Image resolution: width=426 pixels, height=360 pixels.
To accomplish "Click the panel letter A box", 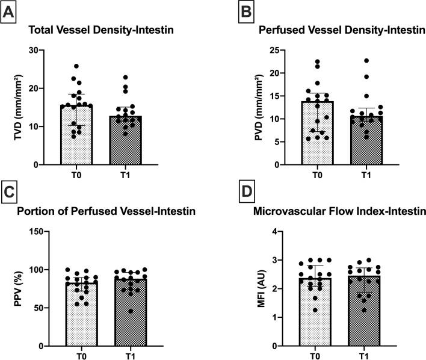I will (10, 10).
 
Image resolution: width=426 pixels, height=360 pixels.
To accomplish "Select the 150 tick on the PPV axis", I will (35, 232).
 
